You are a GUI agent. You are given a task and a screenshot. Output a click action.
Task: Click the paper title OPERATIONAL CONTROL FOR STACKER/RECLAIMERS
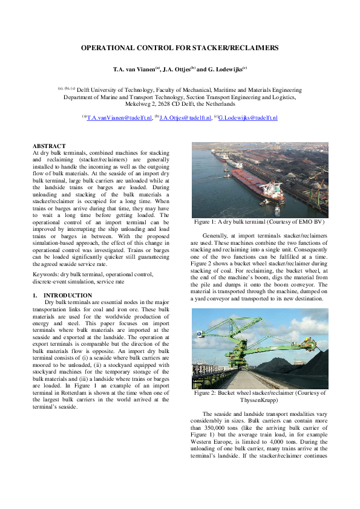coord(180,47)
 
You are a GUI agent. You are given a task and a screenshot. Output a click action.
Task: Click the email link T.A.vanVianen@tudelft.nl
coord(119,117)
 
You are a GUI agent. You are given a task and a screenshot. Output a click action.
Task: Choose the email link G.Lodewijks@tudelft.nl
coord(247,117)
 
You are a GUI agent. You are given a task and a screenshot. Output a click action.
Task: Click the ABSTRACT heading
coord(48,146)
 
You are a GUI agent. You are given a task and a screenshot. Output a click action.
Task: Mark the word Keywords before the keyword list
coord(46,274)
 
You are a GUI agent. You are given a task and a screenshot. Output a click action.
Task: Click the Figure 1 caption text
coord(259,222)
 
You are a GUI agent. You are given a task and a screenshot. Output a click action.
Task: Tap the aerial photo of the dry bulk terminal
coord(259,180)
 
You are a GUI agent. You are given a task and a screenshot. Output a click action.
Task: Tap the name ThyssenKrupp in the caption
coord(259,400)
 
